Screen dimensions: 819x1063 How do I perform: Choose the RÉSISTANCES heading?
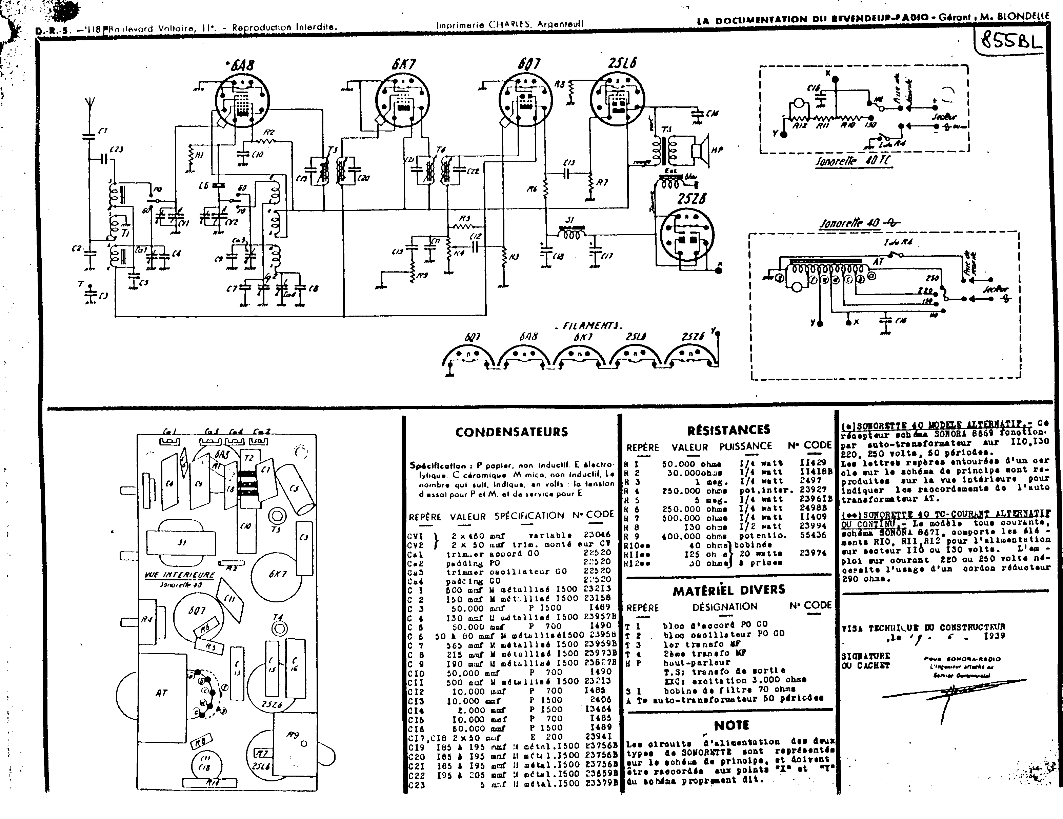coord(729,430)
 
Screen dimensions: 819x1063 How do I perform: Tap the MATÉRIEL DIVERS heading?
coord(729,590)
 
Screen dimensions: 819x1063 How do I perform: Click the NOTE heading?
coord(731,725)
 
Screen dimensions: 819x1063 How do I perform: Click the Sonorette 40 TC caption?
coord(854,162)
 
